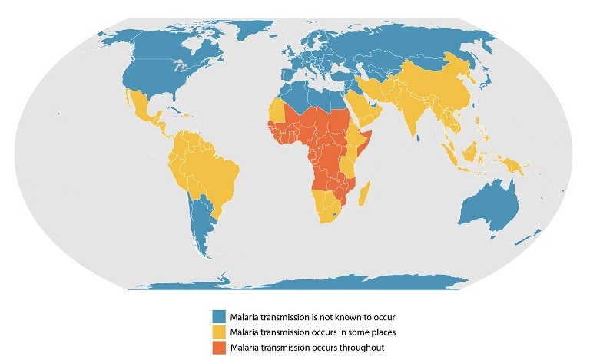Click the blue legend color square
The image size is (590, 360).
[x=220, y=315]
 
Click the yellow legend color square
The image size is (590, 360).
[x=220, y=331]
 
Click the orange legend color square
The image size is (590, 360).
[x=220, y=346]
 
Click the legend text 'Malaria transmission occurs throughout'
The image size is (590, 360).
[x=299, y=346]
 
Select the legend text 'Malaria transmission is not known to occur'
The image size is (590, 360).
[x=304, y=315]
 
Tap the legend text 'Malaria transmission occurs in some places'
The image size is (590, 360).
[x=305, y=331]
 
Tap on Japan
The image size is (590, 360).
[x=490, y=81]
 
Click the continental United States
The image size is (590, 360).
[x=154, y=77]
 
